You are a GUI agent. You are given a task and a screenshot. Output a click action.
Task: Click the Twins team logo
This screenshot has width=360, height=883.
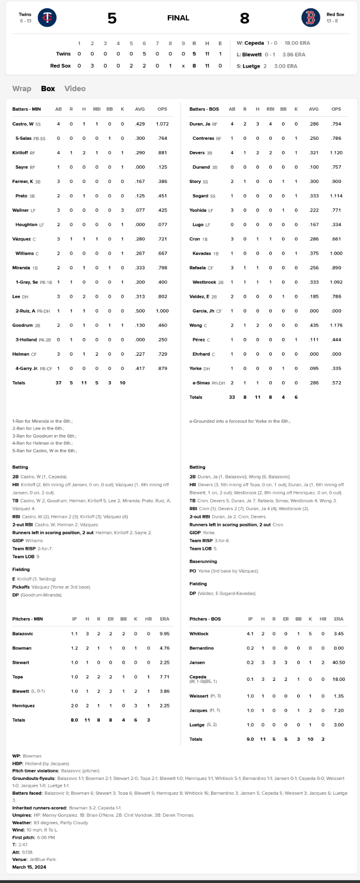pyautogui.click(x=47, y=18)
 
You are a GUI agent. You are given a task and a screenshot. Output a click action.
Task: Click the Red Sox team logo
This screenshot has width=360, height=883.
pyautogui.click(x=310, y=18)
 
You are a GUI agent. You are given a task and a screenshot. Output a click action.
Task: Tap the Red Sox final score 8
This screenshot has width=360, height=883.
pyautogui.click(x=244, y=18)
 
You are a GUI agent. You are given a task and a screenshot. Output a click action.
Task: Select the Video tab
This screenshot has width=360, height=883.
pyautogui.click(x=75, y=88)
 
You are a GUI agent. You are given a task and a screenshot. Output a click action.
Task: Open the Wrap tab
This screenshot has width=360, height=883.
pyautogui.click(x=22, y=88)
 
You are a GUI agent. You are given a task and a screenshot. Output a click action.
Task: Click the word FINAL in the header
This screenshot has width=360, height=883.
pyautogui.click(x=178, y=18)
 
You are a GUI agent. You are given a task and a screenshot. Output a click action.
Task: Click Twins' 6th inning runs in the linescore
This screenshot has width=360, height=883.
pyautogui.click(x=144, y=54)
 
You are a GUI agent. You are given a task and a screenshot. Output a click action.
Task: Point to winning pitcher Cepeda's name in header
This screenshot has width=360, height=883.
pyautogui.click(x=254, y=43)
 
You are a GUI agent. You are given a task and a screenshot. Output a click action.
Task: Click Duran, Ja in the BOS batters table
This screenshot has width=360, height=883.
pyautogui.click(x=200, y=124)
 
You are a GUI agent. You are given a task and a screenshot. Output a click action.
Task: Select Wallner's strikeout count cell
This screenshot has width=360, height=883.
pyautogui.click(x=122, y=210)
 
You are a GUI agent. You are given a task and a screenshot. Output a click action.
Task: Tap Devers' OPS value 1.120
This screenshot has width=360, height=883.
pyautogui.click(x=336, y=153)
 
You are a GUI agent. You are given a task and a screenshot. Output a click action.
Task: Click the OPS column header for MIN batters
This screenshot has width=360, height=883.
pyautogui.click(x=162, y=109)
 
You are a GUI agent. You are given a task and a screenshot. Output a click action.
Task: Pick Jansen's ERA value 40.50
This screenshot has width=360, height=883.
pyautogui.click(x=338, y=662)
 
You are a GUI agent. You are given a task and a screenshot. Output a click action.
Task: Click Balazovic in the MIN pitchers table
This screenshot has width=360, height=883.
pyautogui.click(x=23, y=634)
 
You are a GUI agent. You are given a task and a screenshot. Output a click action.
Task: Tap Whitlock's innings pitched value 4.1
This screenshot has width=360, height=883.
pyautogui.click(x=250, y=634)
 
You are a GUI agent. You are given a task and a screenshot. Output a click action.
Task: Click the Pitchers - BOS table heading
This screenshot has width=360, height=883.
pyautogui.click(x=205, y=619)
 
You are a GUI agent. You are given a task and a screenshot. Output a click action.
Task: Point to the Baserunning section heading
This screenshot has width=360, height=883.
pyautogui.click(x=203, y=561)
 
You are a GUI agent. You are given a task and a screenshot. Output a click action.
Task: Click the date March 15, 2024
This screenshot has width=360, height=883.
pyautogui.click(x=29, y=867)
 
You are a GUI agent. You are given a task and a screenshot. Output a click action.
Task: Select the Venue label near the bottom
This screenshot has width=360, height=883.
pyautogui.click(x=20, y=859)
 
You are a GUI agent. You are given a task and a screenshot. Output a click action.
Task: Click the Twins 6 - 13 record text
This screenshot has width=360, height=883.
pyautogui.click(x=26, y=21)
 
